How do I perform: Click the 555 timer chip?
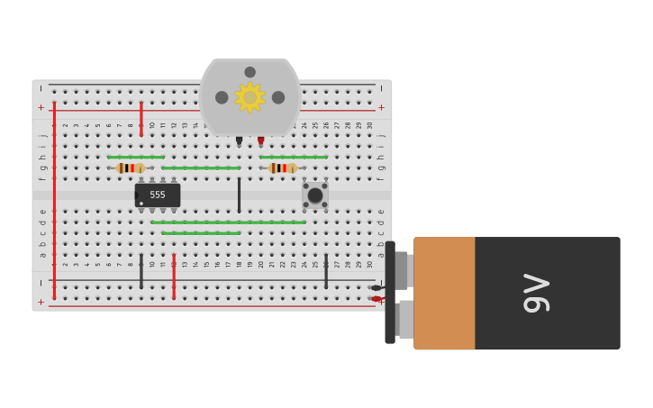(158, 195)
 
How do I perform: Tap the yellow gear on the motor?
(249, 97)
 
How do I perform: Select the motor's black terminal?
(239, 141)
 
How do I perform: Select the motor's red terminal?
(260, 141)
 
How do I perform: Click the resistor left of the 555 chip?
(131, 168)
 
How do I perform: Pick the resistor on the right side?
(282, 168)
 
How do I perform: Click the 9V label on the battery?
(537, 293)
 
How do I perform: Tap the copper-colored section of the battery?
(444, 293)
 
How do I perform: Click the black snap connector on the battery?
(390, 293)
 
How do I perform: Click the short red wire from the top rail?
(141, 118)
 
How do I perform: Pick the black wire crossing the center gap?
(239, 195)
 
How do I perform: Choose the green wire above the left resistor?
(135, 157)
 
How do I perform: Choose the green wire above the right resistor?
(293, 157)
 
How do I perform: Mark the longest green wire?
(228, 222)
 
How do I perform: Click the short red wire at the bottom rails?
(174, 277)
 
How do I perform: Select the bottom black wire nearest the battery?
(326, 271)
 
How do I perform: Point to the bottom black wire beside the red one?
(141, 271)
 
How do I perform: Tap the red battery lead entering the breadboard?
(376, 298)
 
